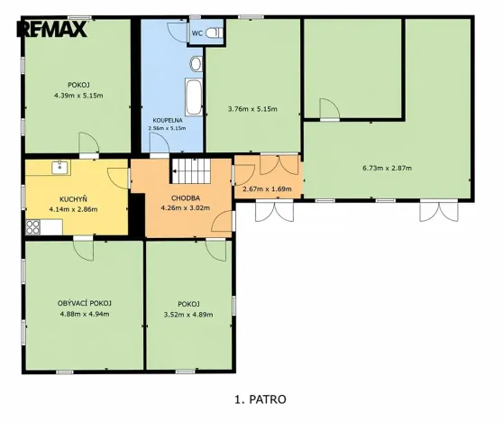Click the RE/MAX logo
coord(52,28)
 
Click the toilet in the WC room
coord(213,32)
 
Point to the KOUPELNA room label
coord(169,119)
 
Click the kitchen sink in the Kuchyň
coord(60,166)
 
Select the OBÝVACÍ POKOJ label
coord(84,303)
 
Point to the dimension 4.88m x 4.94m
coord(84,315)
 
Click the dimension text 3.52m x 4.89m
coord(188,315)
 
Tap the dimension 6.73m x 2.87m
coord(386,167)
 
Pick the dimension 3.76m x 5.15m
coord(252,109)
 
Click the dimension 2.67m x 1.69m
coord(269,189)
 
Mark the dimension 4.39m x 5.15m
coord(78,96)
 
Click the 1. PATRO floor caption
coord(260,397)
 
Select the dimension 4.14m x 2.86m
coord(73,209)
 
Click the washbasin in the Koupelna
coord(195,63)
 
